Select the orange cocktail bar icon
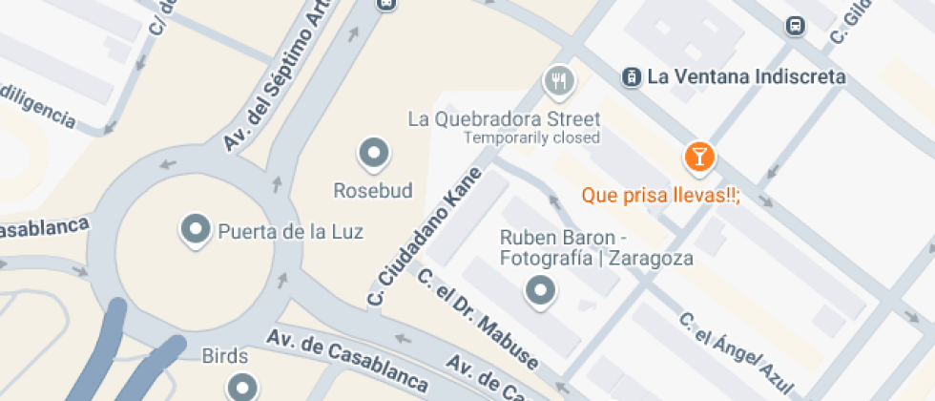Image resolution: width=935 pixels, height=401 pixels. click(699, 156)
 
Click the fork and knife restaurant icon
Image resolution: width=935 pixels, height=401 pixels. click(559, 81)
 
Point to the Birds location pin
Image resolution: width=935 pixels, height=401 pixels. click(241, 387)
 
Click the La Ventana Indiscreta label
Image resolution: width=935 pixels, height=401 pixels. click(746, 76)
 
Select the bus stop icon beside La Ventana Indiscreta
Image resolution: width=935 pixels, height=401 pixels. click(630, 76)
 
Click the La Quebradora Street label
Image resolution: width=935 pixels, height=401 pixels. click(504, 119)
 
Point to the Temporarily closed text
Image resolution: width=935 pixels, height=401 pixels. click(531, 137)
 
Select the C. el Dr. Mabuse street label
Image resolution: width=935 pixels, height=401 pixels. click(477, 319)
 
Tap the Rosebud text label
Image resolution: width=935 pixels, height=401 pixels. click(373, 191)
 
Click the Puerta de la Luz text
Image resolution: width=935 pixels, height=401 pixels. click(291, 231)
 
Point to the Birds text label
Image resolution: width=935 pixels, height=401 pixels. click(225, 357)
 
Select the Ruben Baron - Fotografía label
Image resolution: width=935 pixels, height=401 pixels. click(595, 247)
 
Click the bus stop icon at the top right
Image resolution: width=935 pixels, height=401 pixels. click(794, 26)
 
